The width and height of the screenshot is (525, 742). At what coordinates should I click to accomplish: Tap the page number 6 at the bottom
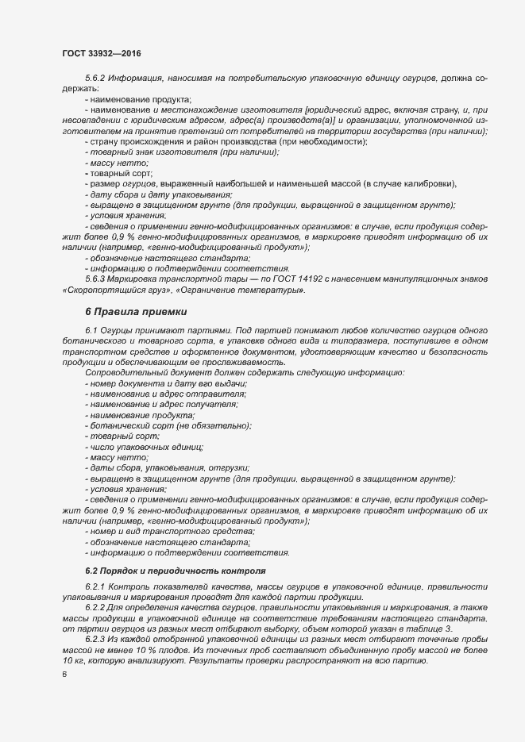pyautogui.click(x=64, y=675)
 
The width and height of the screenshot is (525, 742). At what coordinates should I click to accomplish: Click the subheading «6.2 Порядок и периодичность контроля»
pyautogui.click(x=175, y=571)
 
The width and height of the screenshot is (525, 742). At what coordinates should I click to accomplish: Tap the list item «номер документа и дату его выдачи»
pyautogui.click(x=169, y=384)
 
